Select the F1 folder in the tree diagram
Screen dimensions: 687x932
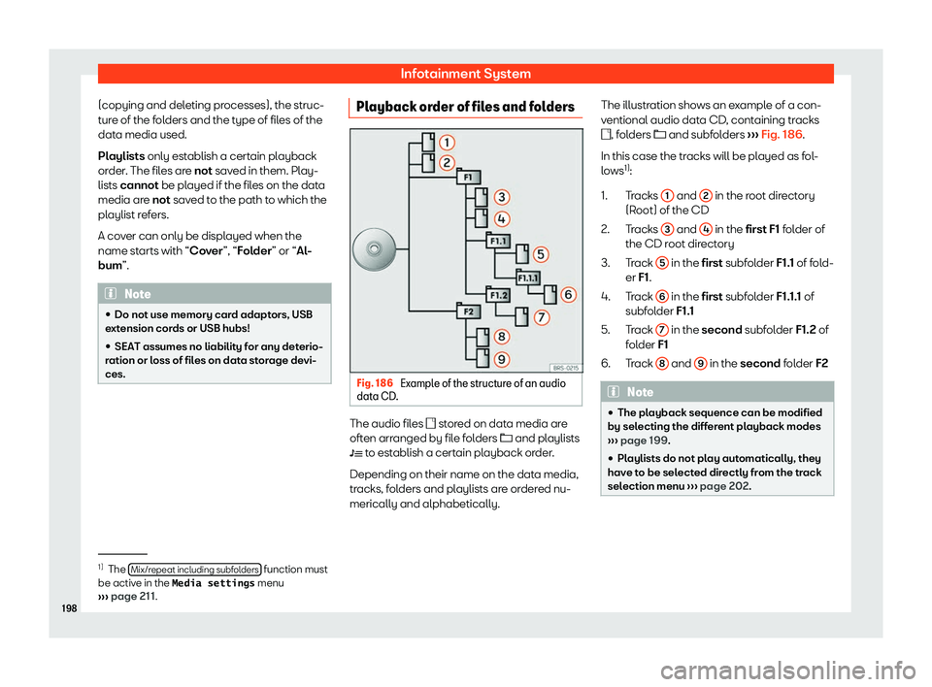point(468,178)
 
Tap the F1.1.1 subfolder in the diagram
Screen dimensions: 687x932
point(528,277)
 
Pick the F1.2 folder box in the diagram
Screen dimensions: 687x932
point(499,294)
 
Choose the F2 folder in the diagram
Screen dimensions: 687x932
point(468,311)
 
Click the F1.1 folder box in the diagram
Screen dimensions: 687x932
point(498,240)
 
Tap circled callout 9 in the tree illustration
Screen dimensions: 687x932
point(504,359)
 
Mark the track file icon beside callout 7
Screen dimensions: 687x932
point(511,316)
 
